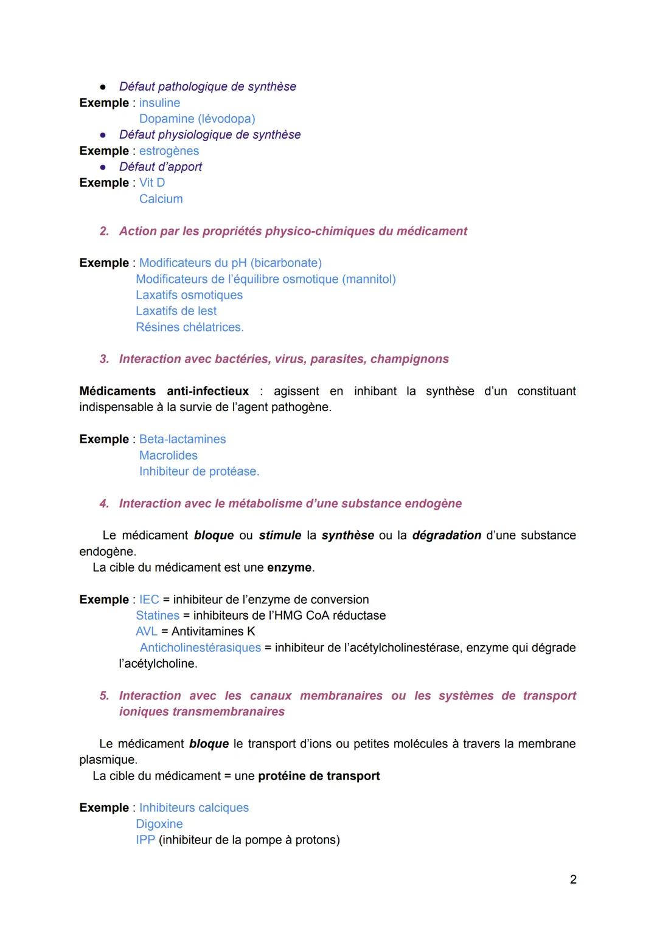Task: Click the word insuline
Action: tap(159, 103)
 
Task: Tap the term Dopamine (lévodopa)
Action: tap(197, 119)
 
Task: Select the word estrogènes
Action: tap(169, 151)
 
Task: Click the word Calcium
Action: tap(161, 199)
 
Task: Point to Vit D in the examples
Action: tap(152, 182)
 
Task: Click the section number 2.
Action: tap(104, 231)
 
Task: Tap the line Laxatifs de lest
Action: tap(176, 311)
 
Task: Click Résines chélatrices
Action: tap(189, 327)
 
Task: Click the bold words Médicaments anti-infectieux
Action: tap(164, 391)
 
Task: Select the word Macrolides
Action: tap(169, 455)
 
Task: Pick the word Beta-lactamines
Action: tap(182, 439)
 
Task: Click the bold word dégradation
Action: tap(447, 535)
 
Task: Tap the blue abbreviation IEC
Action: tap(149, 600)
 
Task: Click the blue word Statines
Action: tap(158, 615)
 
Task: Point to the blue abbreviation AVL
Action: tap(147, 631)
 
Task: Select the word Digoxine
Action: tap(159, 824)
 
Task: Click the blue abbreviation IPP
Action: tap(145, 840)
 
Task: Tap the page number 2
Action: tap(573, 879)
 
